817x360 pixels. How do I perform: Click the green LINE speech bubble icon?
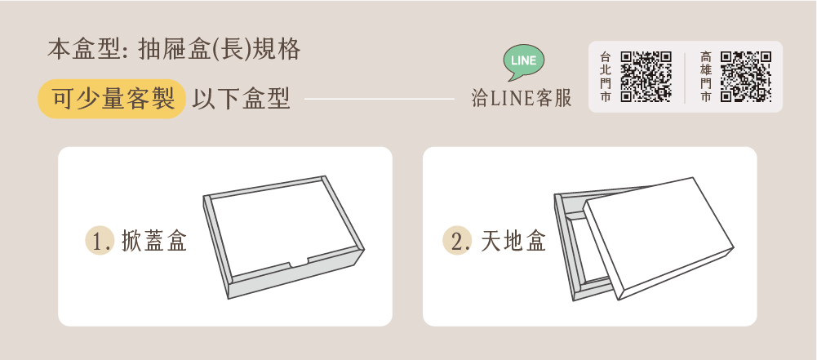pos(524,62)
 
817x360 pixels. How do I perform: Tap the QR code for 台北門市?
pos(646,77)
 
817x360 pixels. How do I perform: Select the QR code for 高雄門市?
pos(746,77)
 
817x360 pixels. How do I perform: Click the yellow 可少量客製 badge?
pos(112,99)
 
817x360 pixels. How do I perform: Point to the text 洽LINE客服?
pos(522,98)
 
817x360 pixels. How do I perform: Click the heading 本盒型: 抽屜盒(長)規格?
pos(174,50)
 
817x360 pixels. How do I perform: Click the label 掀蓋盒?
pos(154,241)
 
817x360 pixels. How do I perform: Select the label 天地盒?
pos(513,241)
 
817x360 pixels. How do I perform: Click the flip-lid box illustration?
pos(283,237)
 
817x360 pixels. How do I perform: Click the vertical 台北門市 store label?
pos(605,77)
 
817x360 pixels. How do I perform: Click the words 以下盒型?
pos(241,99)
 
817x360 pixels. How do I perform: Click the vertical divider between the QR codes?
pos(685,77)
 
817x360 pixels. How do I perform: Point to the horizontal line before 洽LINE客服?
pos(380,99)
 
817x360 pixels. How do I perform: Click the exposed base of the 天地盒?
pos(575,245)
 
